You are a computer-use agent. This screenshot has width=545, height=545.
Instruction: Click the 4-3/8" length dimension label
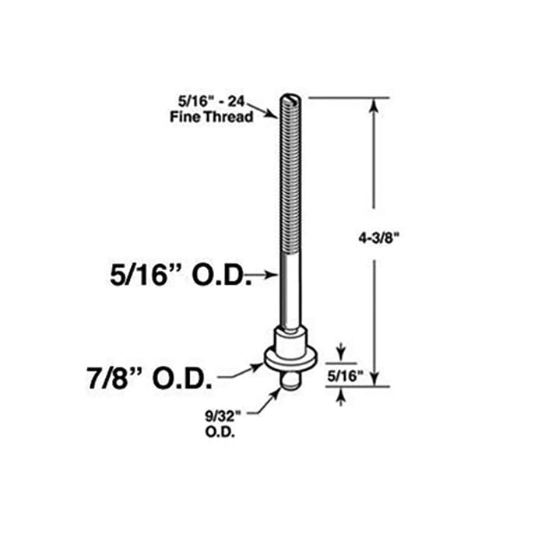[x=374, y=234]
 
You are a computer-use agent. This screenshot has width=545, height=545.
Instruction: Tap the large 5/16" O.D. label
[x=181, y=276]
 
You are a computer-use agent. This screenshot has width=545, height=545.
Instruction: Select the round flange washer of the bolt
[x=290, y=359]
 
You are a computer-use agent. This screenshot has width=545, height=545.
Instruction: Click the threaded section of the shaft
[x=288, y=171]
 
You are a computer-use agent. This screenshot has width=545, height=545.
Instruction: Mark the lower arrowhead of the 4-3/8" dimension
[x=374, y=379]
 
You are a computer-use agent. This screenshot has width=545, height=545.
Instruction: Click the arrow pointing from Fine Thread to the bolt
[x=266, y=112]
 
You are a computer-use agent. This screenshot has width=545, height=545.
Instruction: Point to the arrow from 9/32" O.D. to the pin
[x=272, y=397]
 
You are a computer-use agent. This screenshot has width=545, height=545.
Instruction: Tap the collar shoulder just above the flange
[x=290, y=337]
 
